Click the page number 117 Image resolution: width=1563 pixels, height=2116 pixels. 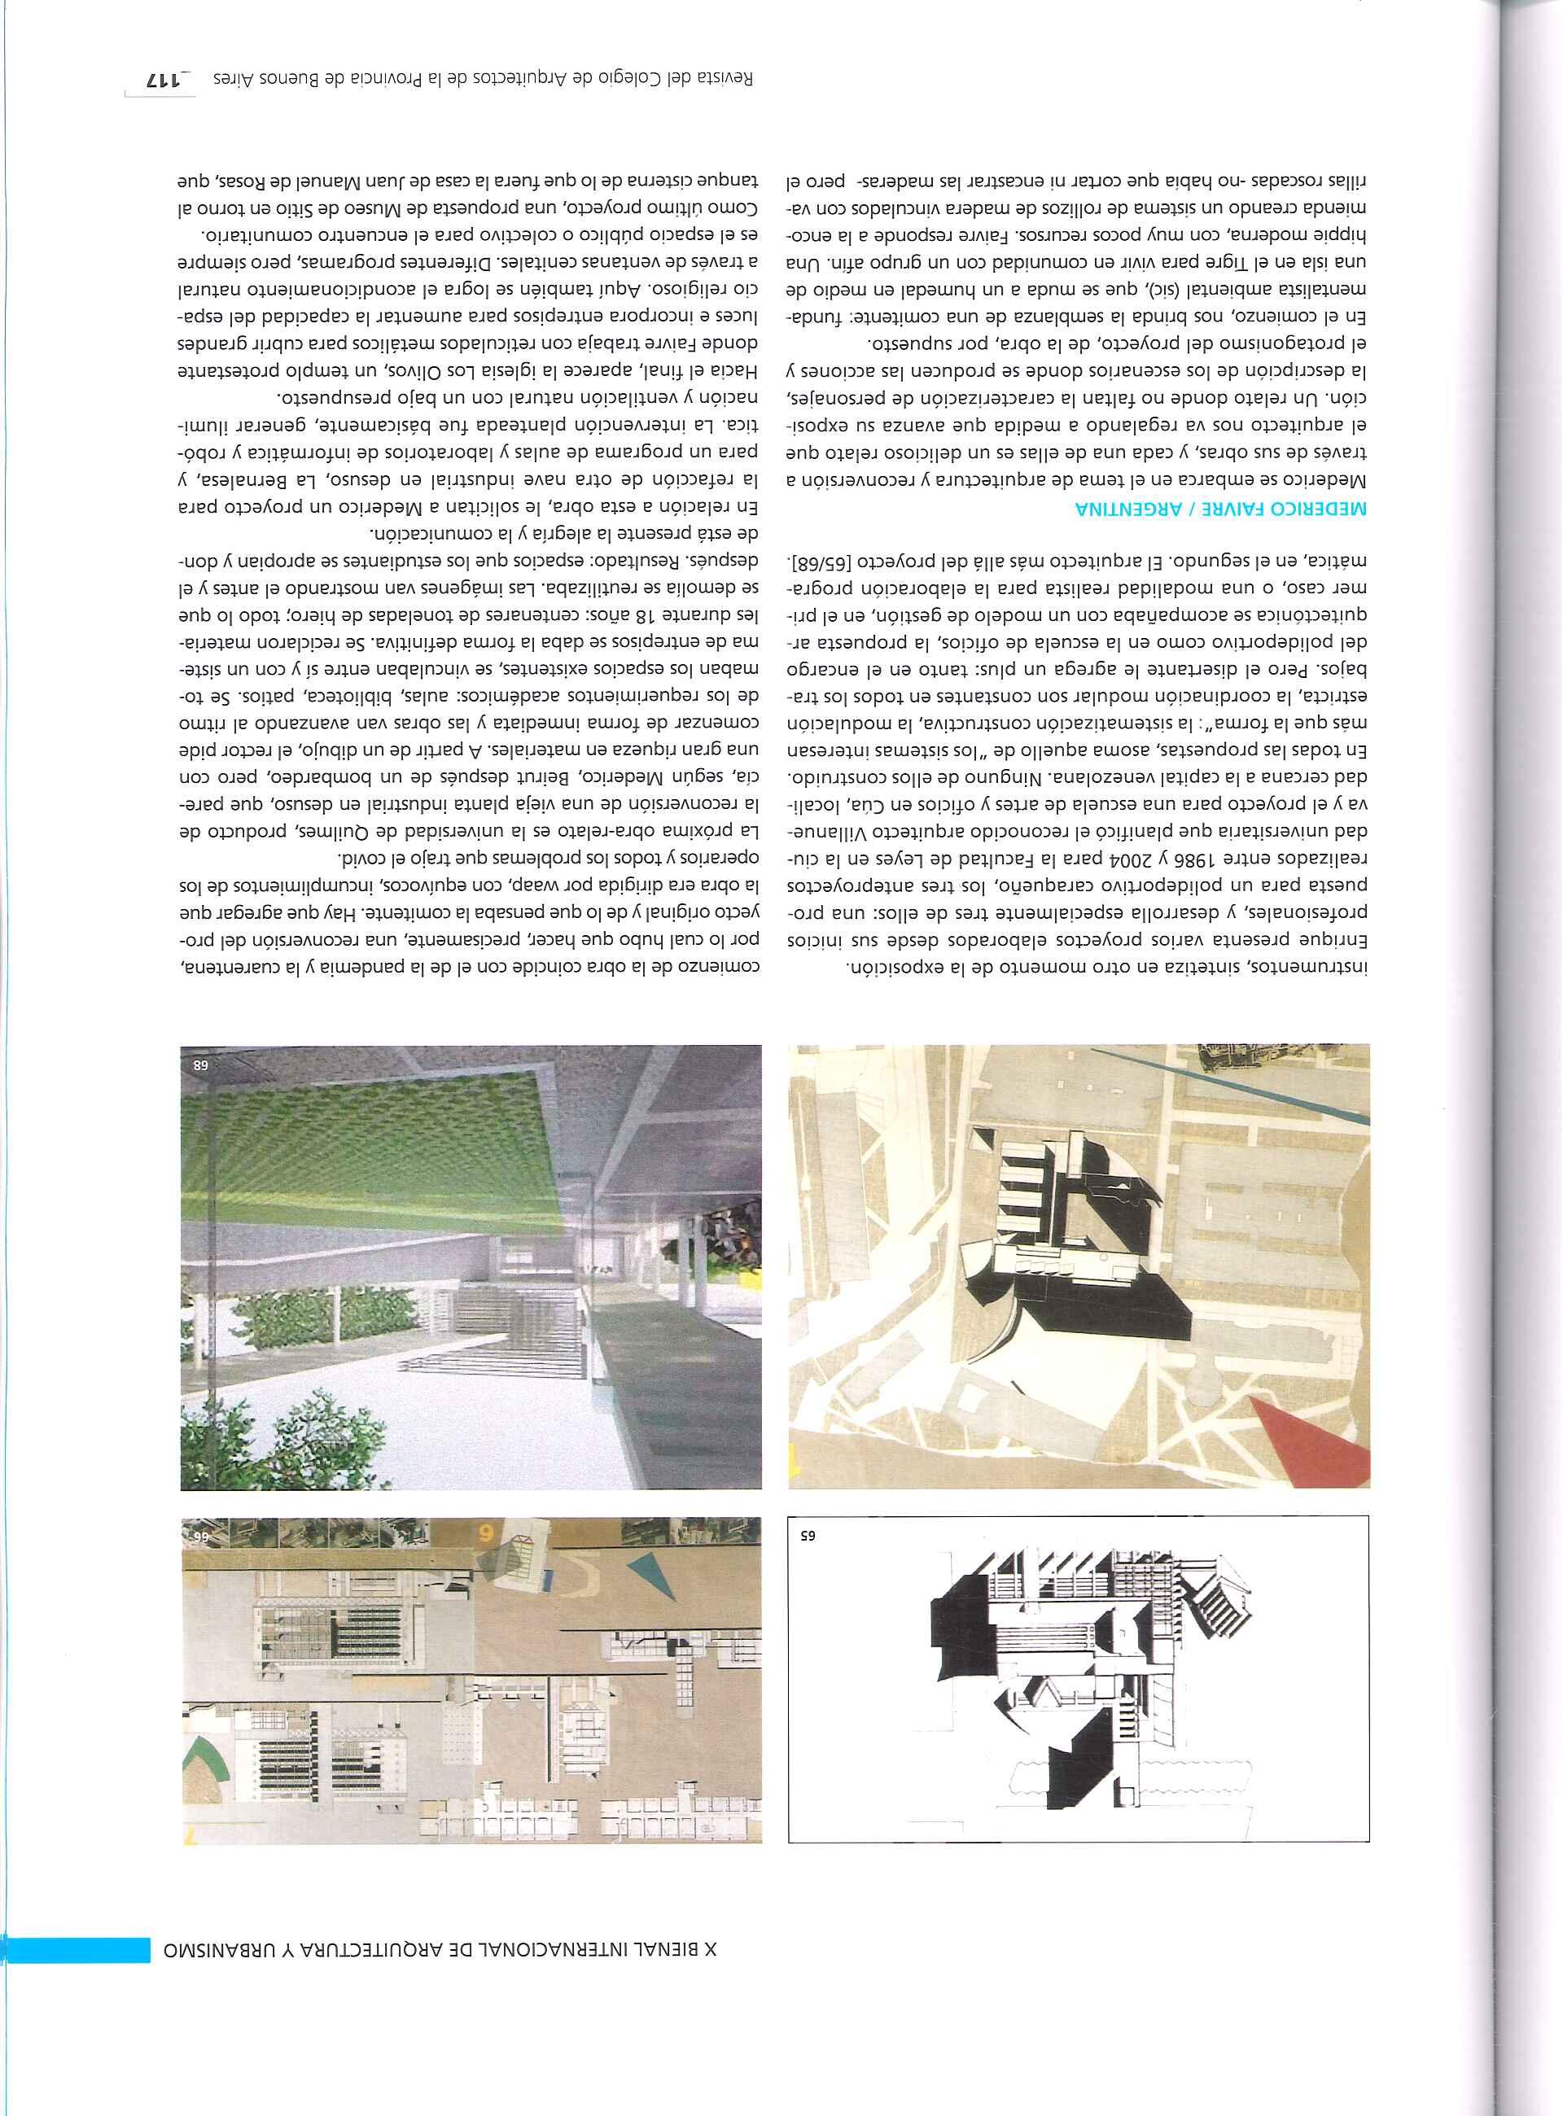pos(158,80)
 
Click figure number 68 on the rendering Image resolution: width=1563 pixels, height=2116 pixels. pos(203,1065)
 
